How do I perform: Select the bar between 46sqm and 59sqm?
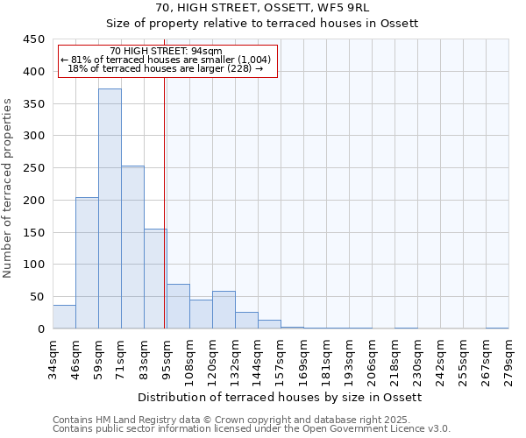click(87, 263)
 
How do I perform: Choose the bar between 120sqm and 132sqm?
click(224, 310)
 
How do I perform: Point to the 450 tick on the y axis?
click(33, 39)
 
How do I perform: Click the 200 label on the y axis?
click(33, 201)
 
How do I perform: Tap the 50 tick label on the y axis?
click(37, 297)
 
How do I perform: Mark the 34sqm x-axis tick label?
click(53, 357)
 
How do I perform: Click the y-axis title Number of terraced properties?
click(8, 187)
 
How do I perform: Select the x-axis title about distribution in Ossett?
click(281, 398)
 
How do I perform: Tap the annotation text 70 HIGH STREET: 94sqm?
click(167, 52)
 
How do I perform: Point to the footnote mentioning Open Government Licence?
click(252, 429)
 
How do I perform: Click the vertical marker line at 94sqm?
click(165, 201)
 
